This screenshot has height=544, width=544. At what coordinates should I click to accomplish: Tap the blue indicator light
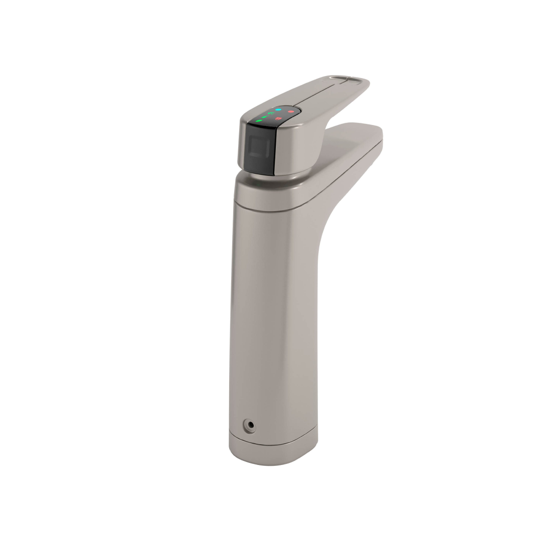tap(278, 109)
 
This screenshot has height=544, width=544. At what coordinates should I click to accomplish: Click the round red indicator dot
tap(291, 111)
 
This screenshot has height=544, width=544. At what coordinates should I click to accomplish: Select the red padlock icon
tap(286, 118)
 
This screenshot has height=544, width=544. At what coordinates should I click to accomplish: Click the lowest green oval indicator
tap(259, 121)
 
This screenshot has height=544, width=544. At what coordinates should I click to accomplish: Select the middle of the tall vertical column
tap(272, 312)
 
